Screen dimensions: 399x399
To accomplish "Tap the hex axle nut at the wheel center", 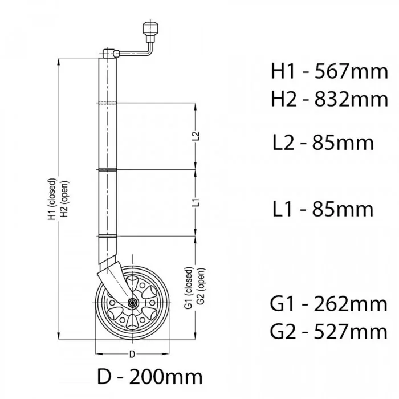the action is (132, 303).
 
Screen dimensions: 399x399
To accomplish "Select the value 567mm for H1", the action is (352, 71).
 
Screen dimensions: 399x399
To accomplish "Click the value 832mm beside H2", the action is (352, 99).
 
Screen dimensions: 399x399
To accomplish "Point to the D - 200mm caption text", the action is (150, 377).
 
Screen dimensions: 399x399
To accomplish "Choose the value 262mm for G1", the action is (351, 304).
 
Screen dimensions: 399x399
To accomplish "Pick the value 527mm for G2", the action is (351, 332).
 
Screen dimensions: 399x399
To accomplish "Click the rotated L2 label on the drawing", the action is (196, 136).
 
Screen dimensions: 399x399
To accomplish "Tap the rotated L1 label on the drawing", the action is (196, 202).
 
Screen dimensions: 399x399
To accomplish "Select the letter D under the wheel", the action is (132, 354).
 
